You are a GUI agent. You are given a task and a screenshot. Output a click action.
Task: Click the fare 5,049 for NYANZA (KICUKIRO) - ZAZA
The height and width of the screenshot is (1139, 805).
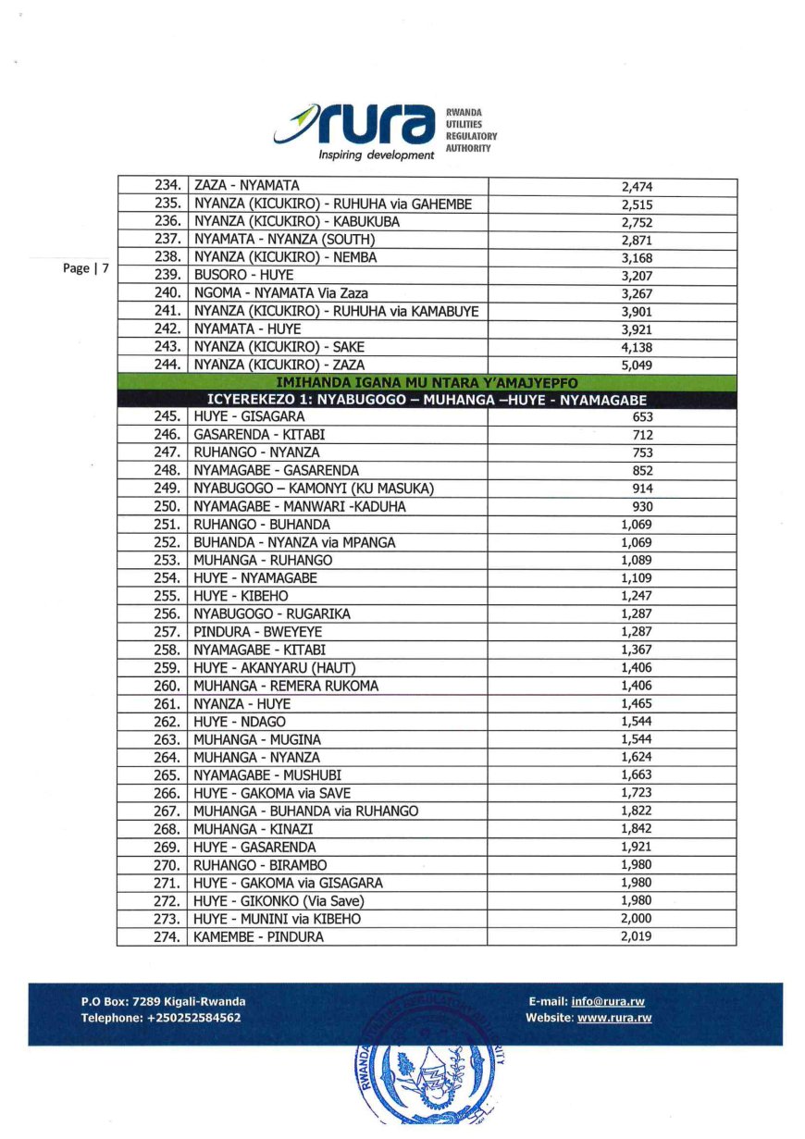click(x=637, y=365)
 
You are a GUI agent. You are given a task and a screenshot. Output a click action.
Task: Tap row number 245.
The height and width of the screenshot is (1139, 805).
click(x=169, y=417)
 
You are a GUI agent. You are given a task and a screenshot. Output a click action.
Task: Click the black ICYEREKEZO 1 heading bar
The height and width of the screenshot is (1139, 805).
click(x=427, y=400)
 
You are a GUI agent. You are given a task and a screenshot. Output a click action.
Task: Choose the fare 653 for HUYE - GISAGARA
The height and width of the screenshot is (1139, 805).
click(x=642, y=417)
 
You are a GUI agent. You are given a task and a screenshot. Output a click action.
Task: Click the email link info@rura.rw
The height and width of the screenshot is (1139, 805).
click(x=608, y=1002)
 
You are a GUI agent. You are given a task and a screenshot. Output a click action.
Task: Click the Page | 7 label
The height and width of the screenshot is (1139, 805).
click(x=86, y=268)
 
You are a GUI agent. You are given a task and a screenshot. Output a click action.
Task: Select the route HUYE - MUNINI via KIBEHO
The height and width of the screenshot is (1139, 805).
click(x=277, y=920)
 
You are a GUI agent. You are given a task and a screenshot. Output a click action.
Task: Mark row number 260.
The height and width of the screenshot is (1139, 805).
click(x=169, y=687)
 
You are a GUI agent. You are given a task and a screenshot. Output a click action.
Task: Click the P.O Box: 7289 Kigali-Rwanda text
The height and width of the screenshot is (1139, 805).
click(x=163, y=1002)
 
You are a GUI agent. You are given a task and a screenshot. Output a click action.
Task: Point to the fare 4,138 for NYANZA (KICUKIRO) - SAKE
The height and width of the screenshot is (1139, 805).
click(x=637, y=347)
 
